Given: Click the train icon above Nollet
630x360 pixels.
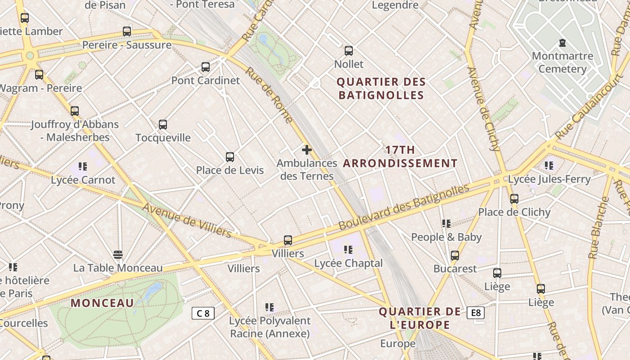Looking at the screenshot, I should [349, 51].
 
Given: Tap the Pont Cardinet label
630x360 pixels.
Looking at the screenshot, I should [206, 81].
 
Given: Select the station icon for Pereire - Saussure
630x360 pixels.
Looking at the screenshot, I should [127, 31].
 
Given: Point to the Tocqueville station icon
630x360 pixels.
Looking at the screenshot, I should [163, 125].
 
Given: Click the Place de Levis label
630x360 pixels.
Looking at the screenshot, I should [229, 171].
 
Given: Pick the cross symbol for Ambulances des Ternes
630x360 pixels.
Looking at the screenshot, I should [307, 150].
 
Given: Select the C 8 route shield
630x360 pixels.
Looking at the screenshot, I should [203, 313].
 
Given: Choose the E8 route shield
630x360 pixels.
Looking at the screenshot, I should [476, 313].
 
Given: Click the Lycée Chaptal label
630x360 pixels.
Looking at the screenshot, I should [348, 263].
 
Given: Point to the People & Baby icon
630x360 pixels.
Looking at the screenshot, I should [446, 224].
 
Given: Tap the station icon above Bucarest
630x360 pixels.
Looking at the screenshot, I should [455, 256].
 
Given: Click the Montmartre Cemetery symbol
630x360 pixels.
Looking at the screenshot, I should [562, 43].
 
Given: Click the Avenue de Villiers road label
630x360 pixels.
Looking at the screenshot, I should [187, 220].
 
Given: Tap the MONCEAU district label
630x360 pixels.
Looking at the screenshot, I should [102, 303].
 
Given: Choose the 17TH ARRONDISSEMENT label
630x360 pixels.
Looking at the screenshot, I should [400, 157].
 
